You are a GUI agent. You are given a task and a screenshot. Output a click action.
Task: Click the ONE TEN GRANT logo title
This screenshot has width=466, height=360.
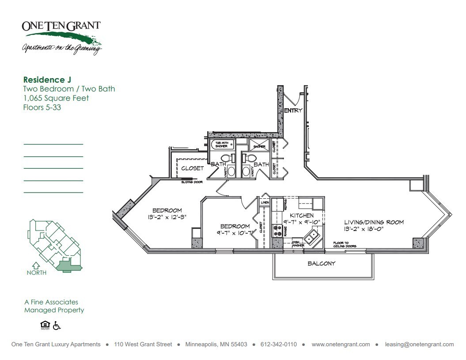[x=61, y=26]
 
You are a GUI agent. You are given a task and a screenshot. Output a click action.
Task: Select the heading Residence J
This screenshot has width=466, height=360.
[x=47, y=80]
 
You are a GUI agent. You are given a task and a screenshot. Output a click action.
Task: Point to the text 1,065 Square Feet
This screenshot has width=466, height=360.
[x=56, y=98]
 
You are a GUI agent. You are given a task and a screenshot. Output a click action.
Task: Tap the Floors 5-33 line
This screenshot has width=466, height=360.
[x=42, y=107]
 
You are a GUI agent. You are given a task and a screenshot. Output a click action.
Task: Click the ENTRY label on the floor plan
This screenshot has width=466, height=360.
[x=293, y=110]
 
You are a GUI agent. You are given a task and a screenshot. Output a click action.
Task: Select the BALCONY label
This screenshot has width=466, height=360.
[x=322, y=264]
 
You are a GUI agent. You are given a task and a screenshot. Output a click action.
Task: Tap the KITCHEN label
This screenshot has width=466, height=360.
[x=302, y=216]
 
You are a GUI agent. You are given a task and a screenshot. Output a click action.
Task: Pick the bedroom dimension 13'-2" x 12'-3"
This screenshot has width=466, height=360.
[x=167, y=217]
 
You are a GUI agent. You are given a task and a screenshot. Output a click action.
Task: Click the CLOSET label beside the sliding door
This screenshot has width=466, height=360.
[x=192, y=168]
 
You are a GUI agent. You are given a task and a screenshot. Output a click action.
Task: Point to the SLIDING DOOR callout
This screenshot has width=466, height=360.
[x=192, y=182]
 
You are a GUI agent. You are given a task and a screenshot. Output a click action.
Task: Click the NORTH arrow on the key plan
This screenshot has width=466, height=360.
[x=36, y=266]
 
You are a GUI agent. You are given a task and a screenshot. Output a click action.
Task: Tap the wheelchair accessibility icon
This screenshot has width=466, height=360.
[x=57, y=326]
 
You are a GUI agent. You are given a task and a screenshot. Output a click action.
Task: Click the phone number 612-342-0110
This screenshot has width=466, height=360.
[x=279, y=345]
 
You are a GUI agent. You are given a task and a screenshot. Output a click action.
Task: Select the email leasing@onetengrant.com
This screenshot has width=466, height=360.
[x=419, y=345]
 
